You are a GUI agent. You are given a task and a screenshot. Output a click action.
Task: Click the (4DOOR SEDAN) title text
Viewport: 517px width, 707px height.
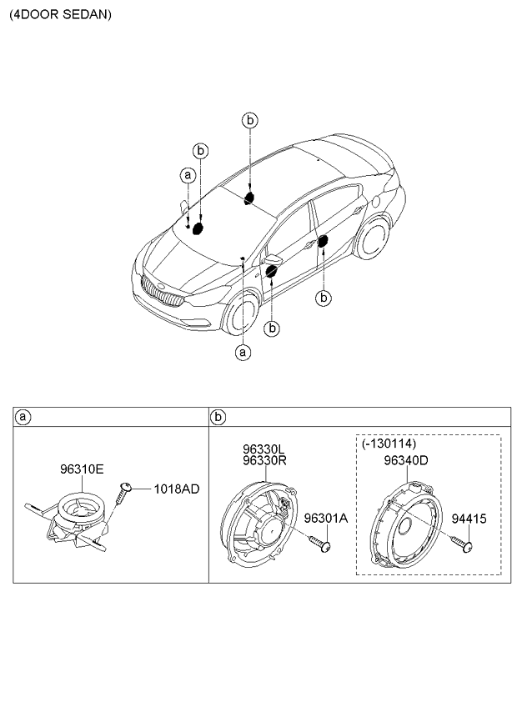(59, 14)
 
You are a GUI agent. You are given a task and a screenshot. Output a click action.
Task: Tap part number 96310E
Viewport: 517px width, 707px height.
(81, 469)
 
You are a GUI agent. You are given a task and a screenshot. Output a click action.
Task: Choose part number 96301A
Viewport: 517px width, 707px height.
(324, 519)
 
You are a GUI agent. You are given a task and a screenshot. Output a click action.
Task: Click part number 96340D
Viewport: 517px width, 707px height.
(405, 459)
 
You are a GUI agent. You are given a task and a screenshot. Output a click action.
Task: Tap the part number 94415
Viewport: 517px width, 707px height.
(469, 519)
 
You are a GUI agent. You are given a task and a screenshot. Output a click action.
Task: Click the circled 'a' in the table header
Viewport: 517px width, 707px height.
(23, 416)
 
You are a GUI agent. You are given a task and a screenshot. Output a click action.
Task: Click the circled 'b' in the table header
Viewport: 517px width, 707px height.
(218, 416)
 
